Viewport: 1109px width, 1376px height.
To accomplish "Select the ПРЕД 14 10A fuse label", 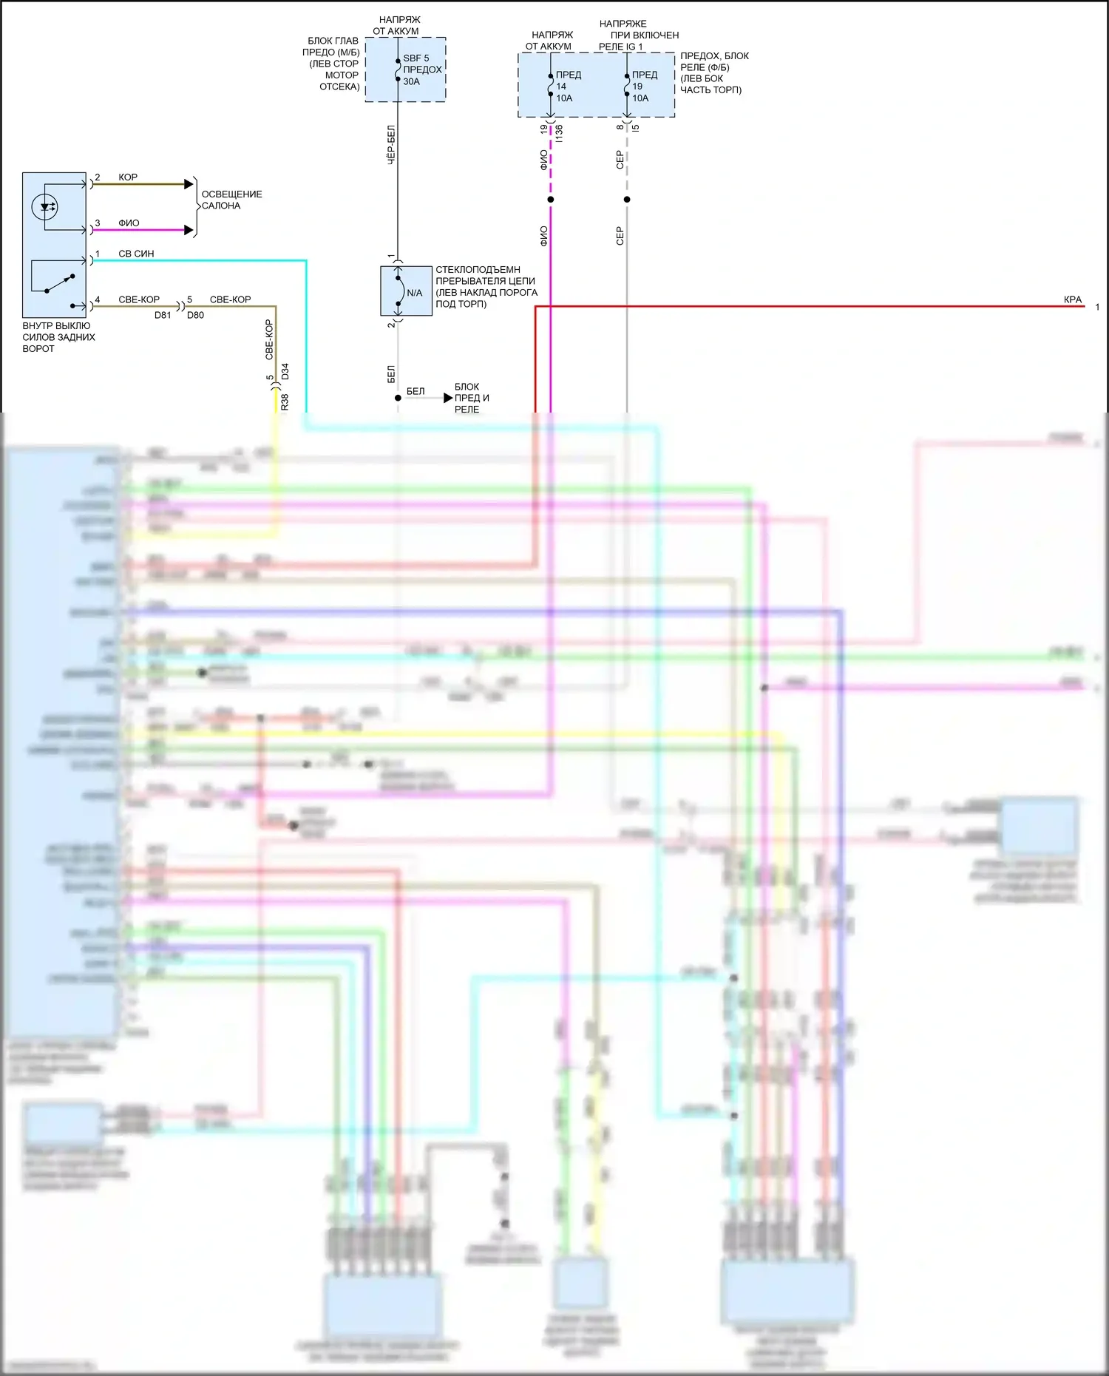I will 567,86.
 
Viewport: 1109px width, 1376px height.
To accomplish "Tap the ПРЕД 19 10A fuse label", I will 643,86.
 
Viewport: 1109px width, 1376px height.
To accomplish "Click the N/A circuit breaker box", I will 406,291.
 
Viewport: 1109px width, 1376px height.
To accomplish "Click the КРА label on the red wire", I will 1072,299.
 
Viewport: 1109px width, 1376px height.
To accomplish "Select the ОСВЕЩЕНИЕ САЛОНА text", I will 231,200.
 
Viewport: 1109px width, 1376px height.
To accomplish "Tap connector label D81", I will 163,315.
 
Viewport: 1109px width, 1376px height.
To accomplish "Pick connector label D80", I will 195,315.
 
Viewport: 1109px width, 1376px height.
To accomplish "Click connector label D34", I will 285,371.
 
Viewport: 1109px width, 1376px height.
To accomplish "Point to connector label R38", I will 285,401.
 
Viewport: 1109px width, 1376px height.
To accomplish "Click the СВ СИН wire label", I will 136,254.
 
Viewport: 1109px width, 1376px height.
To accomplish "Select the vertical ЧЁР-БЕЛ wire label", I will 391,144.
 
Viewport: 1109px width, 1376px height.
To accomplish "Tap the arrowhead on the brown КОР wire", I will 189,183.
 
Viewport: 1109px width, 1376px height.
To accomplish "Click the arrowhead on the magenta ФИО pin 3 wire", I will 189,230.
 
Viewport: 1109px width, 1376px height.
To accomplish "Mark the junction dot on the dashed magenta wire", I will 551,200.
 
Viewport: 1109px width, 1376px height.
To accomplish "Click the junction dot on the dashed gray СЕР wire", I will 627,200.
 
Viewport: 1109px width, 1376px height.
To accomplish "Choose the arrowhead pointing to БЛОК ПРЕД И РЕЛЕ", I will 448,398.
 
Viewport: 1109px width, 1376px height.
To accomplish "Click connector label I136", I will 560,134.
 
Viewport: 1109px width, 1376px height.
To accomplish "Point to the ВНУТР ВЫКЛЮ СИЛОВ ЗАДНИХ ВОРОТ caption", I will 58,337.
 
